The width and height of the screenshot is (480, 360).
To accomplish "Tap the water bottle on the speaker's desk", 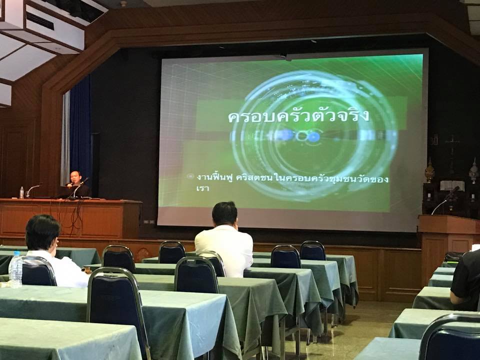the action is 21,192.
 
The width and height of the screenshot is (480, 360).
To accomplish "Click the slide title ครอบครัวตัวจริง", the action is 298,117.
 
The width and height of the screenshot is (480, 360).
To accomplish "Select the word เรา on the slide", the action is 202,188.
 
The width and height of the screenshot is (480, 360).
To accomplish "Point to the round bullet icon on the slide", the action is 190,176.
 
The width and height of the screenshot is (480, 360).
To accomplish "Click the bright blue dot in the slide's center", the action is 313,137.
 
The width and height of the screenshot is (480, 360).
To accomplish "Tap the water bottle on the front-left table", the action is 15,269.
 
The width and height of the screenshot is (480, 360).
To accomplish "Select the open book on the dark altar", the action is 452,185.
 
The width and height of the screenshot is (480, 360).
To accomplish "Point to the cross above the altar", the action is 452,150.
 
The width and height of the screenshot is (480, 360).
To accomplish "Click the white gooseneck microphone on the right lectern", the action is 440,205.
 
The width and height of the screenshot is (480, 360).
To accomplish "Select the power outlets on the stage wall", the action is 149,221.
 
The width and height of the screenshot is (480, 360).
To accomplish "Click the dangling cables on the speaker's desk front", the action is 74,216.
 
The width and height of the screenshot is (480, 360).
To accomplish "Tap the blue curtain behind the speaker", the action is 80,128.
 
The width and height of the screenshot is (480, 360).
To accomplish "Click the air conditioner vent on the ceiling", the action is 40,21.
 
